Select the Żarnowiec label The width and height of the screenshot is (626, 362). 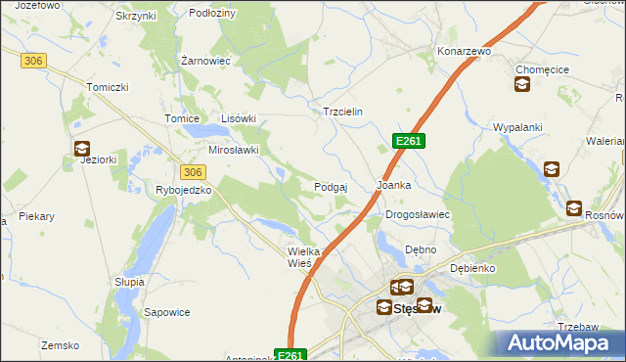[x=205, y=61]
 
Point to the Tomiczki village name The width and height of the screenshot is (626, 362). [x=108, y=87]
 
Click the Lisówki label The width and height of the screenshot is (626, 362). [x=239, y=118]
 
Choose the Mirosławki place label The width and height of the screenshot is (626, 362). [x=234, y=150]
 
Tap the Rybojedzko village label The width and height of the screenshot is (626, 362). [x=184, y=190]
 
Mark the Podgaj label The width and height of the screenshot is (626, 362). [x=332, y=186]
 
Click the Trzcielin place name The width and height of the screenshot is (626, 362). [x=343, y=112]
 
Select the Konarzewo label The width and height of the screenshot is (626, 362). [x=464, y=50]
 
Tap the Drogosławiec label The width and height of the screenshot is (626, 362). [x=417, y=213]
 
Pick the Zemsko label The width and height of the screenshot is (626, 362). [x=60, y=345]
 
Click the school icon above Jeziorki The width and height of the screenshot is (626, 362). [x=81, y=149]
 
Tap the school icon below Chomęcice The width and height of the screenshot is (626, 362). [x=521, y=85]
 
